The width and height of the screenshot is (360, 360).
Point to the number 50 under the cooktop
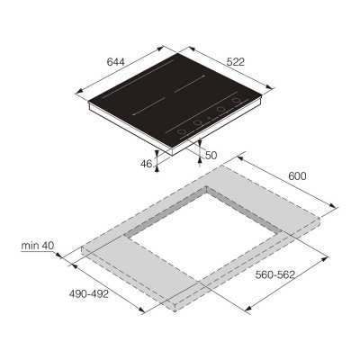click(211, 156)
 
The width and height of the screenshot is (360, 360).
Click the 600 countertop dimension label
click(296, 175)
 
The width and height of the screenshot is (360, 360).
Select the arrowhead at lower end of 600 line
click(337, 212)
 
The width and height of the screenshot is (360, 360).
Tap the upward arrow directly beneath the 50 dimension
click(199, 164)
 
